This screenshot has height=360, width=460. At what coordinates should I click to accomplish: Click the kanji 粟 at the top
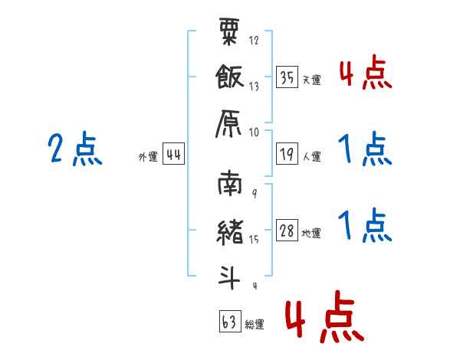[x=229, y=31]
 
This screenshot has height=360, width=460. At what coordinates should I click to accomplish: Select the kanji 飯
[x=229, y=77]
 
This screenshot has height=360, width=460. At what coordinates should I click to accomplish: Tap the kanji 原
[x=228, y=123]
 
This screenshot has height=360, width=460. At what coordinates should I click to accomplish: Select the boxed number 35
[x=287, y=77]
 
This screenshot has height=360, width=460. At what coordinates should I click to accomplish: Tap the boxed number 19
[x=287, y=153]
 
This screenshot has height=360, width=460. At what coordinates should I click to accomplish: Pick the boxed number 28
[x=287, y=230]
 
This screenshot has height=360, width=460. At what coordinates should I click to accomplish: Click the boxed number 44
[x=173, y=153]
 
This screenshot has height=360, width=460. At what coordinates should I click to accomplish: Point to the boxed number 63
[x=230, y=321]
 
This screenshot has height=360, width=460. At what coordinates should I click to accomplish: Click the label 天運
[x=312, y=80]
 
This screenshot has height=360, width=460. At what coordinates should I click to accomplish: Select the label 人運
[x=312, y=156]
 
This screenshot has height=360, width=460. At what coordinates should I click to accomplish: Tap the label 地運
[x=311, y=234]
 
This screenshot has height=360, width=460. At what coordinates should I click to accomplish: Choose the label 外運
[x=148, y=156]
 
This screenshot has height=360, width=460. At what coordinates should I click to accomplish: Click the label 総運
[x=255, y=324]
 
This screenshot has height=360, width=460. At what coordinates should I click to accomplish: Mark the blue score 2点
[x=75, y=149]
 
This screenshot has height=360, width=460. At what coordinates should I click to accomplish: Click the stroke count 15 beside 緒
[x=254, y=240]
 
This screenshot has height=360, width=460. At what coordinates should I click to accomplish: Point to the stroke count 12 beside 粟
[x=254, y=40]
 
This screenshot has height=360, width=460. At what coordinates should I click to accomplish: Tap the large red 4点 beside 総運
[x=325, y=316]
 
